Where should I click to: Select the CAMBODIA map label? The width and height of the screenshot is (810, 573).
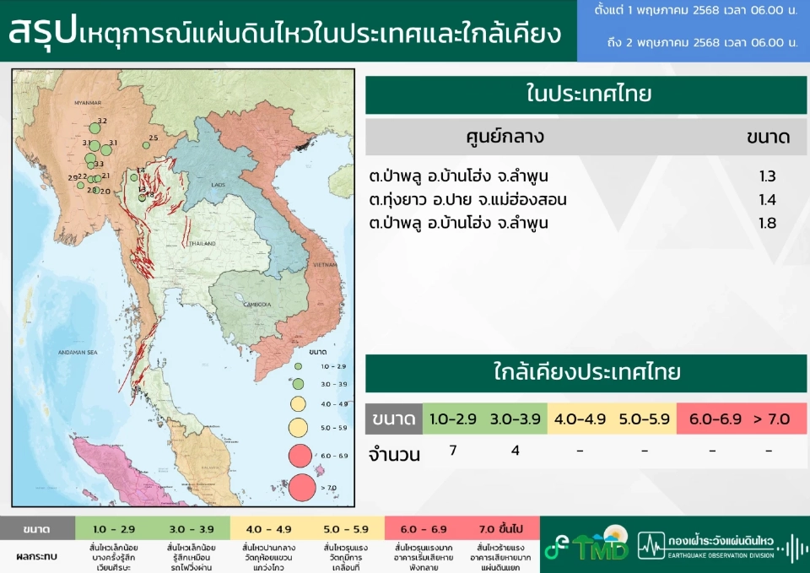point(257,304)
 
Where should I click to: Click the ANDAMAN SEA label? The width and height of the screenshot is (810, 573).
point(70,353)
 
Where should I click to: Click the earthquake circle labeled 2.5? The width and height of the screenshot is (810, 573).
point(146,145)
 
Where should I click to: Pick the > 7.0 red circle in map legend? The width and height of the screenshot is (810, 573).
point(301,487)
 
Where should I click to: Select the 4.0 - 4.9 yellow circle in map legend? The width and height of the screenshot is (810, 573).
point(298,403)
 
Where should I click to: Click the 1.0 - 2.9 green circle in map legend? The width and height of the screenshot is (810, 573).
point(298,366)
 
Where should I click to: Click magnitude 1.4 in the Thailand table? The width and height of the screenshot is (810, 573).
point(767,200)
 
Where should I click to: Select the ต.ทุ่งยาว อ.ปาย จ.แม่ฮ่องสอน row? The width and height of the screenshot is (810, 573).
point(467,200)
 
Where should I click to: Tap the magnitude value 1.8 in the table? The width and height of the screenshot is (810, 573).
point(767,224)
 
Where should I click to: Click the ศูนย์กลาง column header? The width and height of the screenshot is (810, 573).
point(505,137)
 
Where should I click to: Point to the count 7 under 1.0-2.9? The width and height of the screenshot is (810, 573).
point(453,450)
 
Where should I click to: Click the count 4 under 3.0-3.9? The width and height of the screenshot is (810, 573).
point(516,450)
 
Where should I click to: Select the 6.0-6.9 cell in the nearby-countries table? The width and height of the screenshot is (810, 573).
point(707,419)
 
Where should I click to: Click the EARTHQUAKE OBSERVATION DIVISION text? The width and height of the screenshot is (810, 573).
point(719,555)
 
